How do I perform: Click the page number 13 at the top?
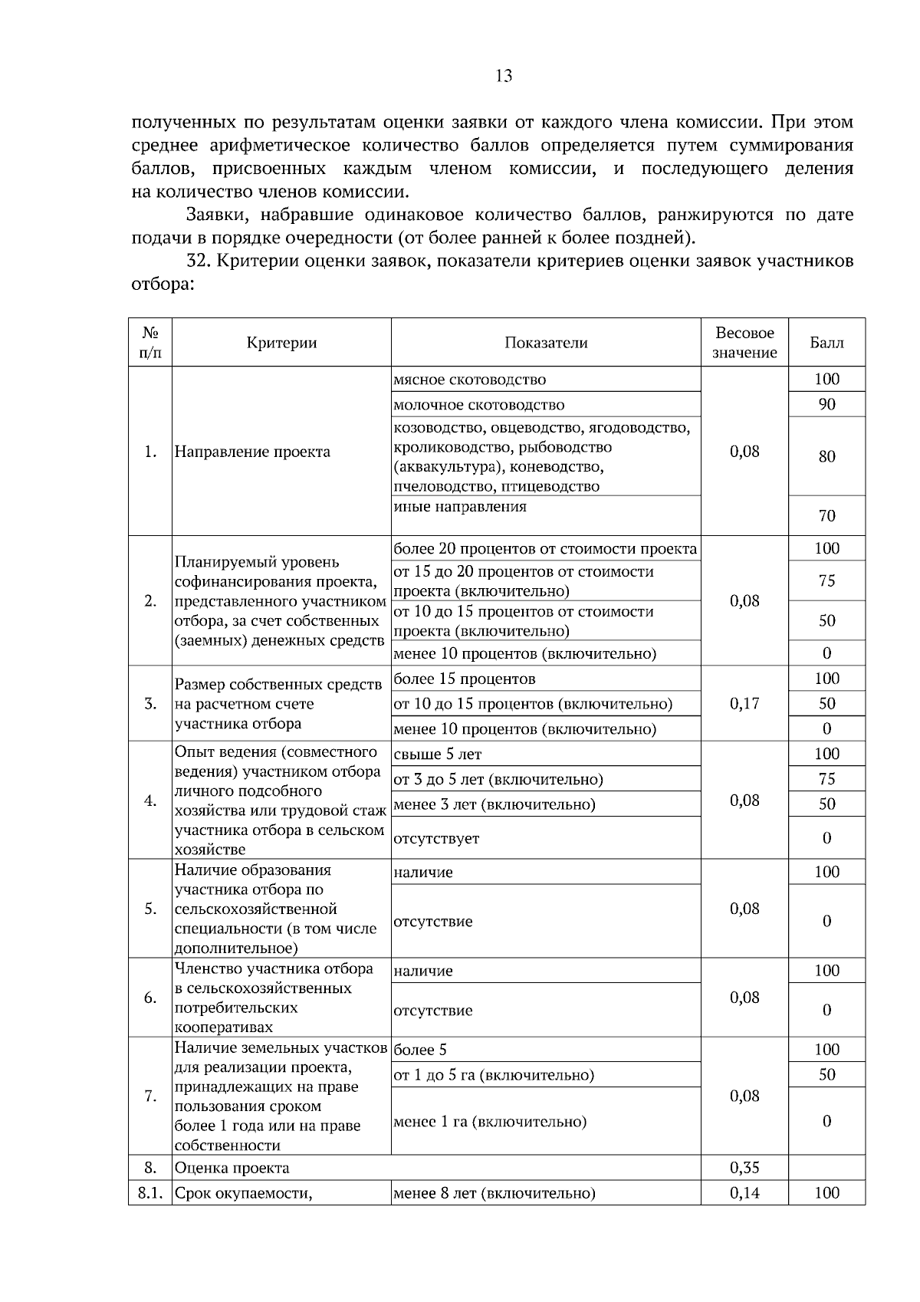coord(504,76)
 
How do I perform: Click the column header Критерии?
coord(281,343)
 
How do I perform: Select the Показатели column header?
coord(546,343)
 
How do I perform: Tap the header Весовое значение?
coord(744,343)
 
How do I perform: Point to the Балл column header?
coord(826,343)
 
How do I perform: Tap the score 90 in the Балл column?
coord(826,404)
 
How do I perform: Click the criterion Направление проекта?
coord(252,452)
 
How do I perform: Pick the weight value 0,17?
coord(744,703)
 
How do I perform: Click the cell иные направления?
coord(460,507)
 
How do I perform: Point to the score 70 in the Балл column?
coord(826,516)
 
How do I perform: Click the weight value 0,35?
coord(744,1168)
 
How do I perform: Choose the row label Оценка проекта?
coord(232,1169)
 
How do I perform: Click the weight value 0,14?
coord(744,1193)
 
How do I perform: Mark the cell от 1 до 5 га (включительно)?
coord(494,1075)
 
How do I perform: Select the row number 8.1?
coord(150,1193)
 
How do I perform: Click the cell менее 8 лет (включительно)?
coord(494,1193)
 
